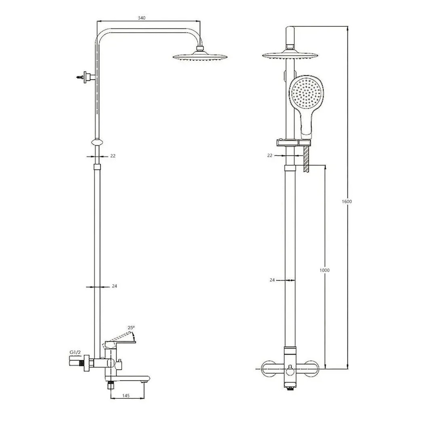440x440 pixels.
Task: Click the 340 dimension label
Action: [x=142, y=18]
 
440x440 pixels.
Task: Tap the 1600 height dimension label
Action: [x=347, y=201]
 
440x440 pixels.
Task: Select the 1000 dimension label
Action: [x=324, y=270]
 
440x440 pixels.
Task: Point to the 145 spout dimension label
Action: [x=126, y=396]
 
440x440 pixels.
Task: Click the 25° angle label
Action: [x=131, y=328]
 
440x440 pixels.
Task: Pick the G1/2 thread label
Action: [x=75, y=352]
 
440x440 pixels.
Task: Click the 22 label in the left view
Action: [x=113, y=156]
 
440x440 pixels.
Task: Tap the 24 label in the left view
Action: [x=114, y=286]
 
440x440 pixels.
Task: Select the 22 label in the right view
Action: [x=270, y=155]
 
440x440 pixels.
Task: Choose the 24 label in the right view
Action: [x=272, y=280]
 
